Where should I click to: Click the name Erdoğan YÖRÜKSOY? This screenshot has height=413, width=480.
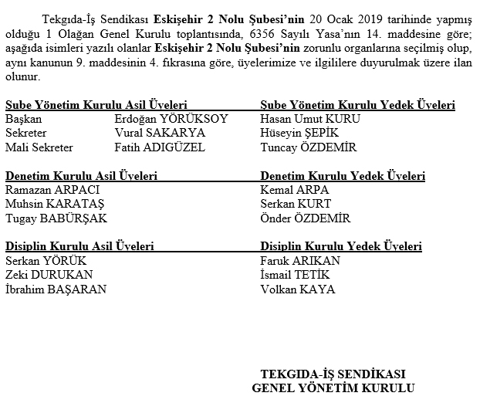171,120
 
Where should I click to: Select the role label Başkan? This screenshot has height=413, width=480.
23,120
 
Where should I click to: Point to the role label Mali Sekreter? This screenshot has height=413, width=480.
39,147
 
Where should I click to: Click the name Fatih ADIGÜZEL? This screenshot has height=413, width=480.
159,147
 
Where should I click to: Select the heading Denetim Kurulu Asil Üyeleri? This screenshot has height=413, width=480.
81,176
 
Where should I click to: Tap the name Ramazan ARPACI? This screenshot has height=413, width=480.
52,190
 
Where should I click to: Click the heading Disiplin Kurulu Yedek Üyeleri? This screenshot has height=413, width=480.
341,247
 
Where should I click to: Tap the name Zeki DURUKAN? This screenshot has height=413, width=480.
49,275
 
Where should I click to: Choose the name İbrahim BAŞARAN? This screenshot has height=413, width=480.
56,289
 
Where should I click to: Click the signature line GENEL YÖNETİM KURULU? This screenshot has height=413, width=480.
333,388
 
